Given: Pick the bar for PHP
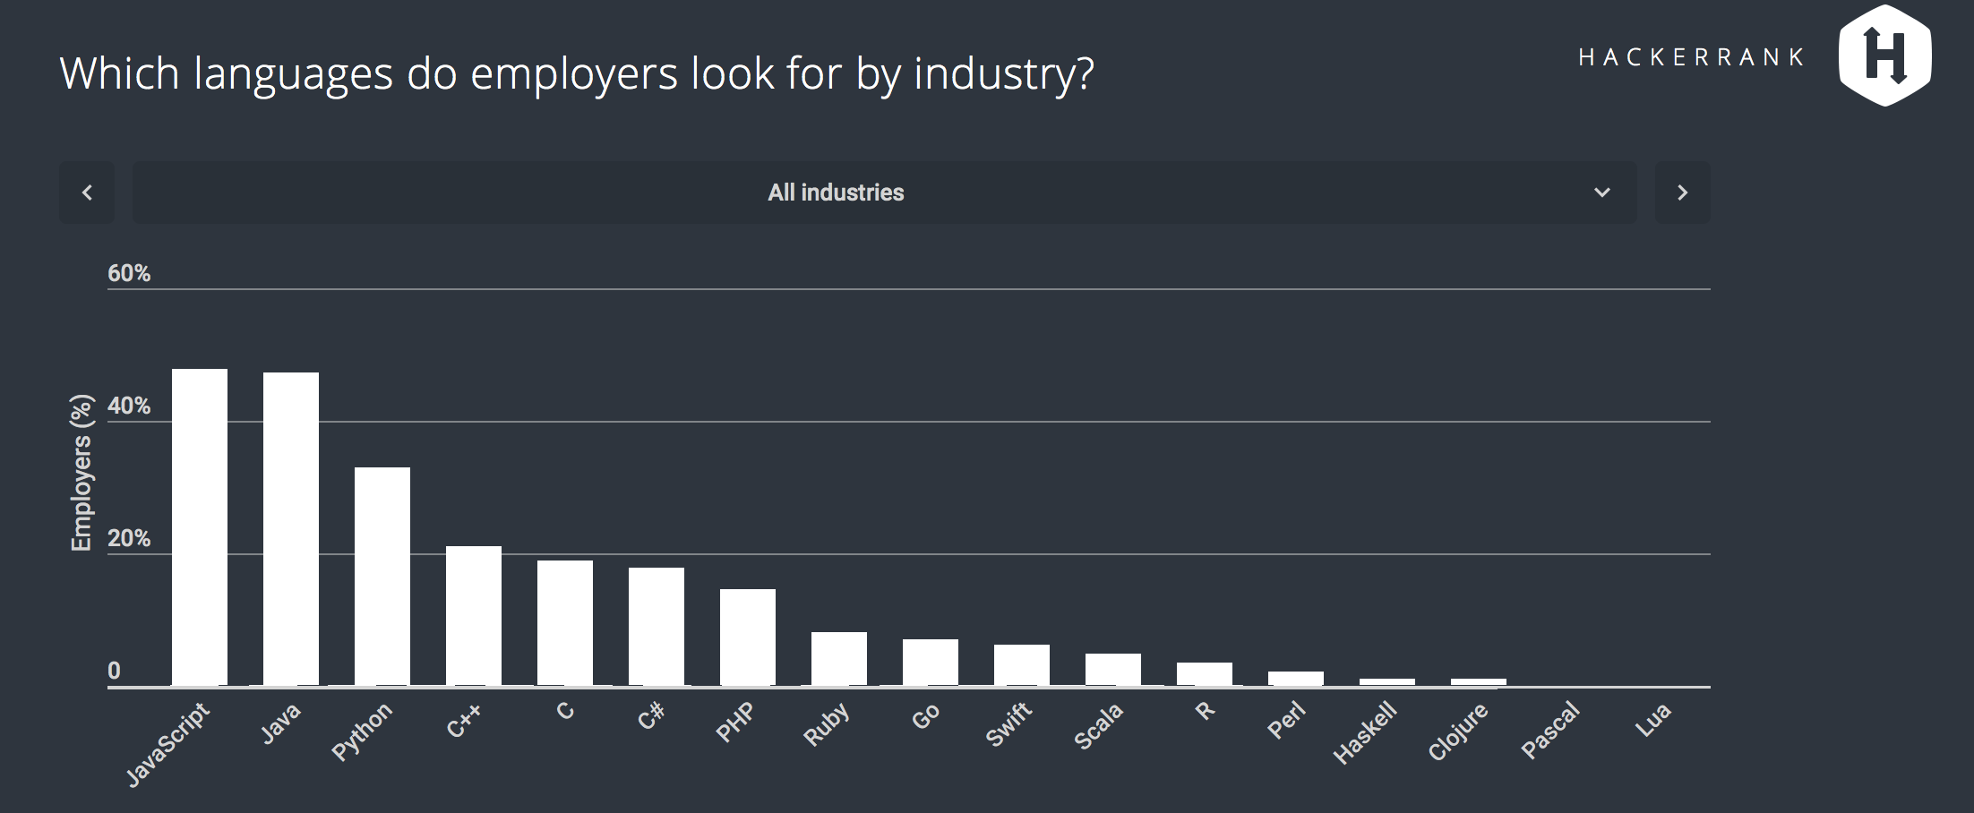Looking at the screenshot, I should pos(748,637).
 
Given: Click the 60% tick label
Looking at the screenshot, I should pos(129,273).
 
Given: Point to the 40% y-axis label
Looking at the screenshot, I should pos(129,406).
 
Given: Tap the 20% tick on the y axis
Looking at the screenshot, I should pos(129,538).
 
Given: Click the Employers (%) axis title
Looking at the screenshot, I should pos(82,473).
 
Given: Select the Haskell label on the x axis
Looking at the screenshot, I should pos(1365,733).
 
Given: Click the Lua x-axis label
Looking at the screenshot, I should pos(1652,720).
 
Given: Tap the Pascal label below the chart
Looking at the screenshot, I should pos(1550,731).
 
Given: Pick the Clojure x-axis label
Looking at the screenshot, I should pos(1457,732).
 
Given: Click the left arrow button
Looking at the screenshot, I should pos(87,193).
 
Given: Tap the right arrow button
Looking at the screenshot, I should pos(1682,193).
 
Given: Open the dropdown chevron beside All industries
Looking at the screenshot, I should pos(1602,193).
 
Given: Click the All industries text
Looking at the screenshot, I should pos(836,193).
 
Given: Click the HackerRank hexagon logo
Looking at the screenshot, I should pos(1884,56).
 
